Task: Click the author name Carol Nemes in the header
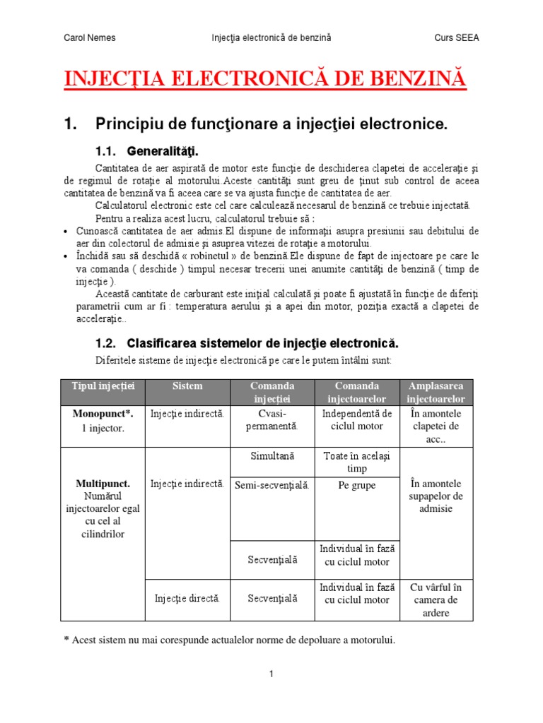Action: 90,37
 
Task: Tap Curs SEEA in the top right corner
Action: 456,37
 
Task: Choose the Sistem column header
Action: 187,386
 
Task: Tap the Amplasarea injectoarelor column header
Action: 436,393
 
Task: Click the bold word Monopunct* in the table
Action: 103,413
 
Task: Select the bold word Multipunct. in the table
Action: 103,484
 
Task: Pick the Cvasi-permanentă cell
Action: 272,419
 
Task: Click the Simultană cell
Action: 272,457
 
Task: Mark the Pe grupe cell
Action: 357,486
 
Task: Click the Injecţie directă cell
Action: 187,599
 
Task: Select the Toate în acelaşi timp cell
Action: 357,462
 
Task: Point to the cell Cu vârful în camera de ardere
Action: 436,600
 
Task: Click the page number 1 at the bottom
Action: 271,674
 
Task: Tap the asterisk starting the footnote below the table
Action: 66,640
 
